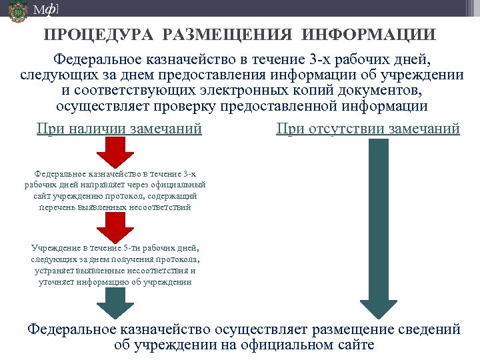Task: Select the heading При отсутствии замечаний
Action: (x=368, y=128)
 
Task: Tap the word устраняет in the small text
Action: (x=54, y=271)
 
